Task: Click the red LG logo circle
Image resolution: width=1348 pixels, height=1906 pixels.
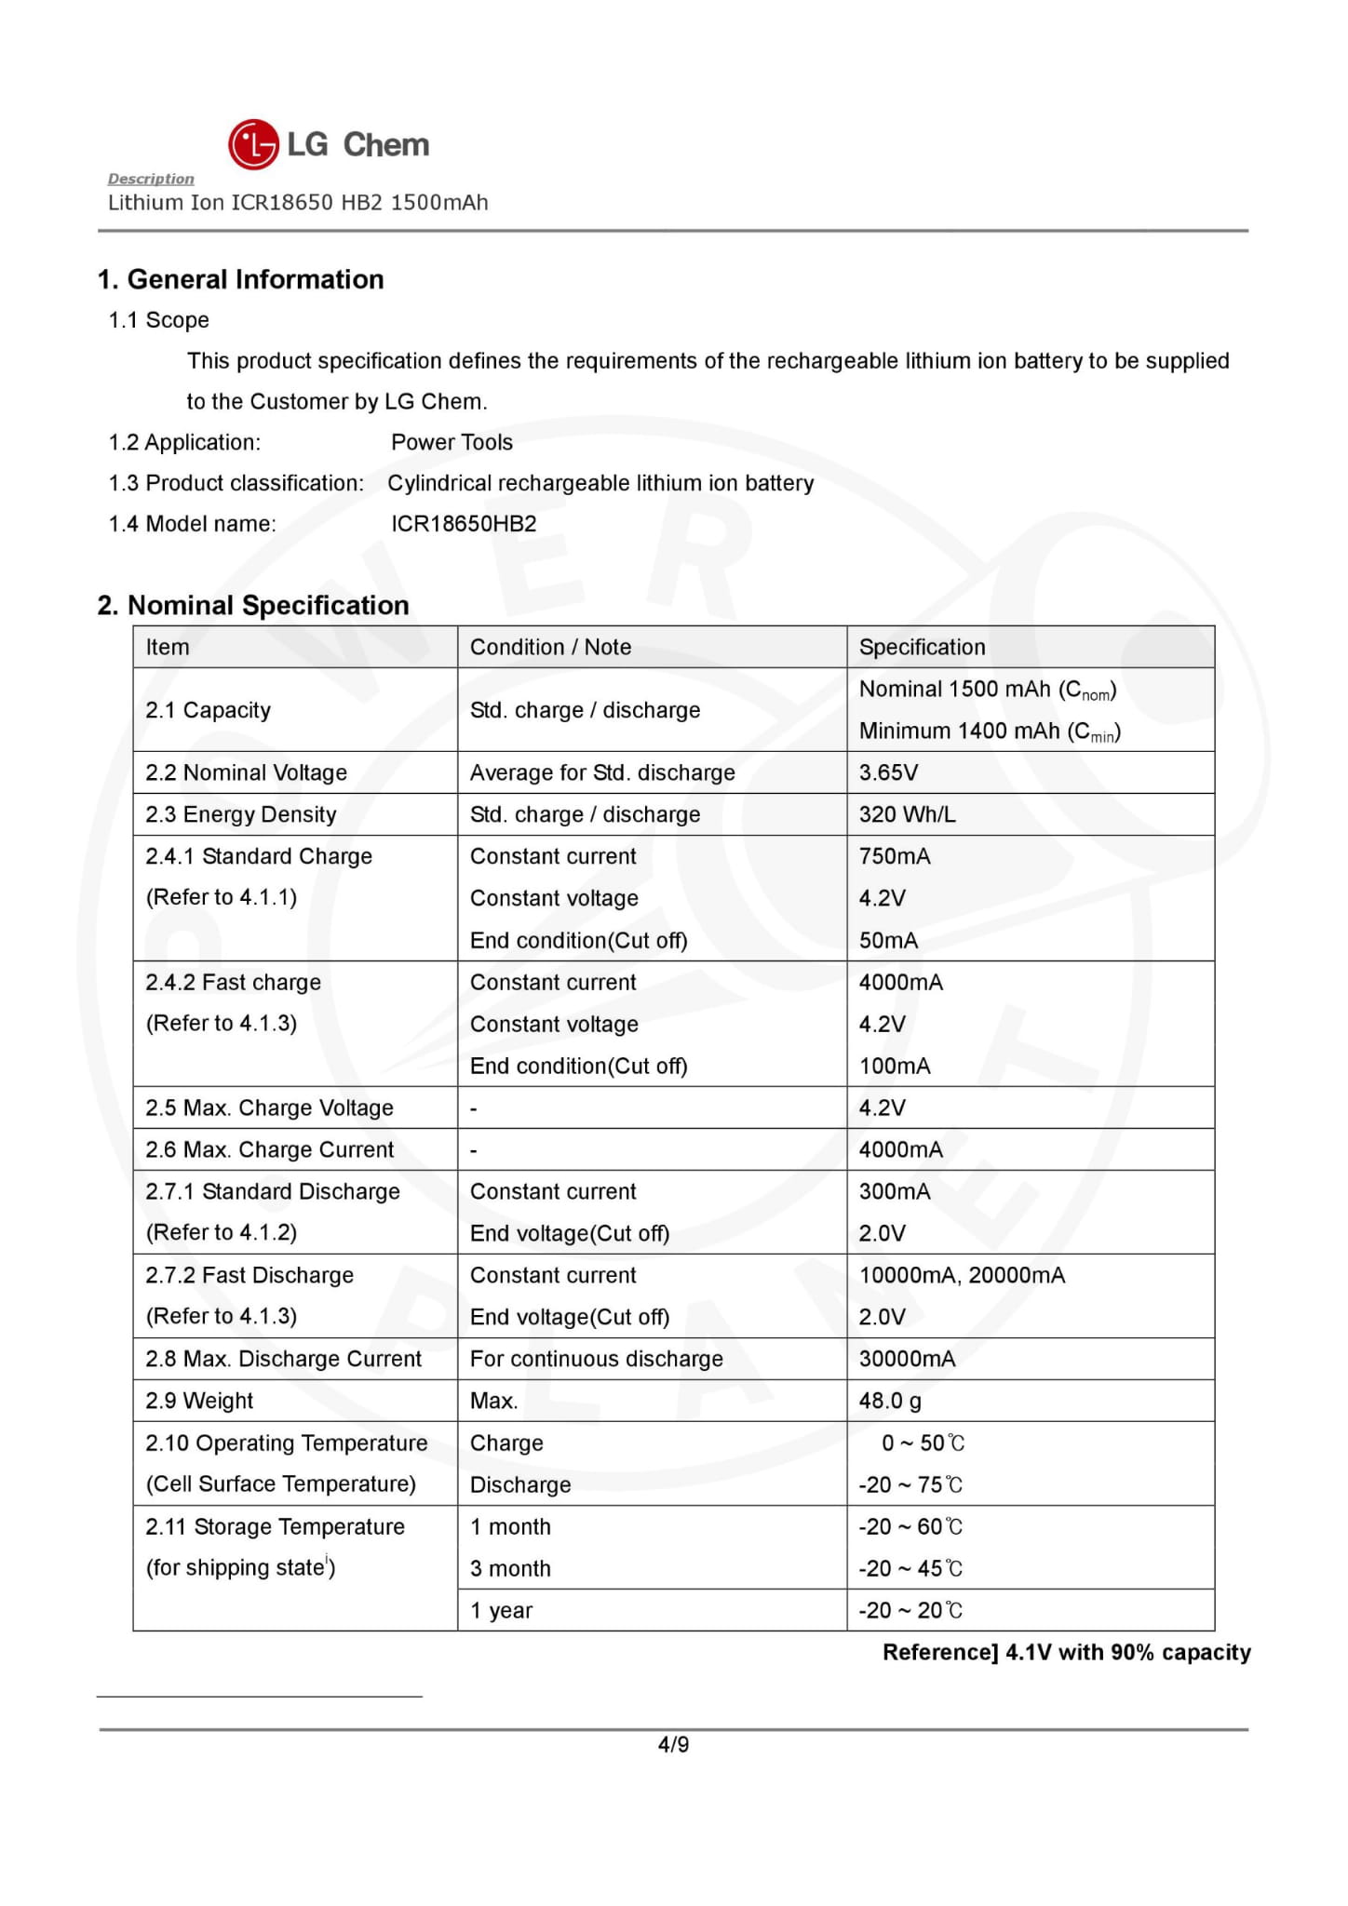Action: click(x=253, y=144)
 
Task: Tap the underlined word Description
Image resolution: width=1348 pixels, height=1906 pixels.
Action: click(x=151, y=179)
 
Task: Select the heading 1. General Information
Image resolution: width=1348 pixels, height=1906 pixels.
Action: click(x=240, y=279)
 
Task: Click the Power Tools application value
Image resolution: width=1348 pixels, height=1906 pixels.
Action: click(x=452, y=442)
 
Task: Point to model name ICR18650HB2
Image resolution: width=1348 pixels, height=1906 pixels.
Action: click(x=464, y=524)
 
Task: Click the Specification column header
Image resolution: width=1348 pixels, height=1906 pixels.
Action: click(x=922, y=647)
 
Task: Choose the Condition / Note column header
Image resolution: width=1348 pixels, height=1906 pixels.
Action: click(x=550, y=647)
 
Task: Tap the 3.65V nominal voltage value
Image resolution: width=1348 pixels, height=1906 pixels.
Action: click(x=888, y=772)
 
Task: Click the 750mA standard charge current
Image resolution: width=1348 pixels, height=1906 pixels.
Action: click(x=895, y=856)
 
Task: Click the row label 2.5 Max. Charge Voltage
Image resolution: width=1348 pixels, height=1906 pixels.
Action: click(x=269, y=1107)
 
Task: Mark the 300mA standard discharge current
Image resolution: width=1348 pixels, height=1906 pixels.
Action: click(x=895, y=1191)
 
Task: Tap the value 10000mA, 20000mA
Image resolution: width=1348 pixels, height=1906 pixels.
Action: click(x=962, y=1275)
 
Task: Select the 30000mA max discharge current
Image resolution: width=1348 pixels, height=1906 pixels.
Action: click(x=907, y=1359)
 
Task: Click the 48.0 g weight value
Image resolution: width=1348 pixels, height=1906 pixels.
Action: click(x=890, y=1401)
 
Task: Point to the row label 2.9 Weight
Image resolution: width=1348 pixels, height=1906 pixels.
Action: click(x=199, y=1401)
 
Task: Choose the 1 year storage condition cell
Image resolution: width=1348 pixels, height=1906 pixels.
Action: click(x=501, y=1610)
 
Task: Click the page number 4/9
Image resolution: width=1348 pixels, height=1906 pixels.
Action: click(x=673, y=1745)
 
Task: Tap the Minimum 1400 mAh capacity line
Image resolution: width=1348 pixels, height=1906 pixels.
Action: click(x=990, y=732)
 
